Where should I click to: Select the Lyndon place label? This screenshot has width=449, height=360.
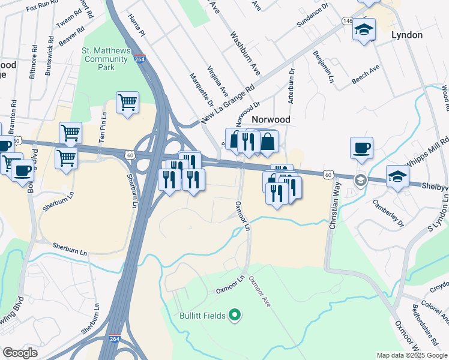(407, 35)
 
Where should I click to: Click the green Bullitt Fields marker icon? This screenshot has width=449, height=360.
(235, 315)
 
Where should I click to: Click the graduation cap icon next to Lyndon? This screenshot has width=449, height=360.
(364, 29)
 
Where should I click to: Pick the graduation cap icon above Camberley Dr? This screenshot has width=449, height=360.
(397, 176)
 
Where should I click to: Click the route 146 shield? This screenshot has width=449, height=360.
(348, 20)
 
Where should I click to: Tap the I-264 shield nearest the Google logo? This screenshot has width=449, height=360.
(115, 339)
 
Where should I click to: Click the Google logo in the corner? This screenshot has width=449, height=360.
(20, 353)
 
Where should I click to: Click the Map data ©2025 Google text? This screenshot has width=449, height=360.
(411, 355)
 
